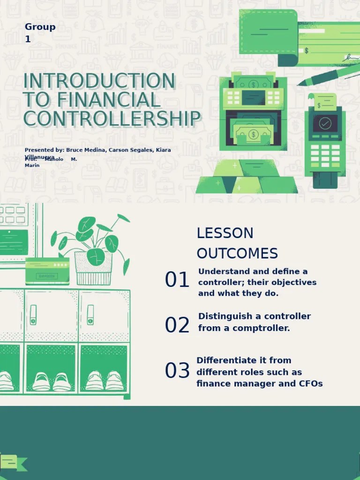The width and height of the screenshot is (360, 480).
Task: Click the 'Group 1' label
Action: pyautogui.click(x=40, y=33)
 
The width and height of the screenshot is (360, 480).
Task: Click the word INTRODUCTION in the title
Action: pyautogui.click(x=99, y=81)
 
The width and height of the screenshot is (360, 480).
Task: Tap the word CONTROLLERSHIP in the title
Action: pyautogui.click(x=112, y=119)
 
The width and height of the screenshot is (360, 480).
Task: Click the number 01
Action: pyautogui.click(x=177, y=280)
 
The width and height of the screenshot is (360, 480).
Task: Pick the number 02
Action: pyautogui.click(x=177, y=325)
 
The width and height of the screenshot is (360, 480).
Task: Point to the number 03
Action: pyautogui.click(x=177, y=371)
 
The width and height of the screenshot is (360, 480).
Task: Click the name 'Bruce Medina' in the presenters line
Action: pyautogui.click(x=86, y=150)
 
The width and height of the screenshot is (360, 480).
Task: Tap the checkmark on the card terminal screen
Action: pyautogui.click(x=325, y=123)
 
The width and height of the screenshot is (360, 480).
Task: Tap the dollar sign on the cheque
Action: pyautogui.click(x=306, y=50)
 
